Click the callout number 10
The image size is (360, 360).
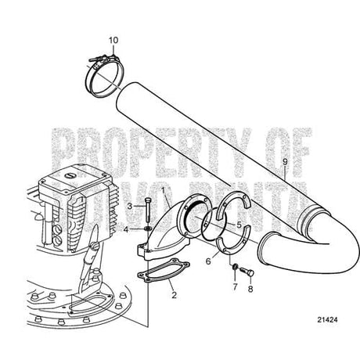pyautogui.click(x=114, y=38)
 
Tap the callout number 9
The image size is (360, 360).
pyautogui.click(x=286, y=161)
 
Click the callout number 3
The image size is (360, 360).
pyautogui.click(x=131, y=205)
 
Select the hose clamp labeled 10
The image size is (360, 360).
pyautogui.click(x=106, y=70)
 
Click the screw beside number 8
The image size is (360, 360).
pyautogui.click(x=244, y=273)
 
